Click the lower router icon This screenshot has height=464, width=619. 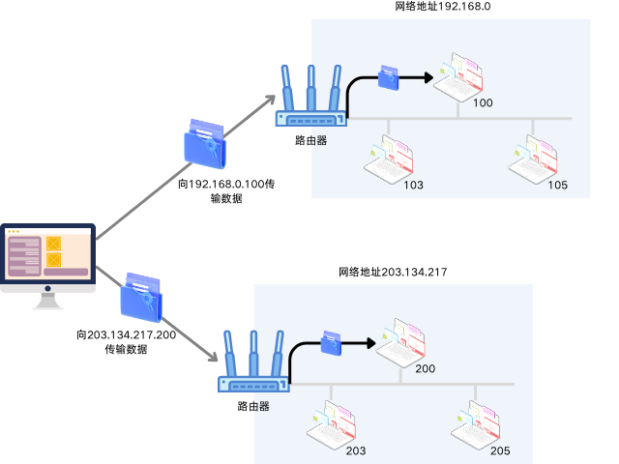252,363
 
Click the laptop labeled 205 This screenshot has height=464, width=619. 478,424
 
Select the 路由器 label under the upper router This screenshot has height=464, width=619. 310,140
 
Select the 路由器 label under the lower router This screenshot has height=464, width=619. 252,406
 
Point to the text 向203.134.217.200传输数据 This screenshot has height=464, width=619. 126,342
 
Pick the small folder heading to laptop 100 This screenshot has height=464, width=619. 389,76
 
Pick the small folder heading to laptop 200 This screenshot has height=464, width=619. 331,342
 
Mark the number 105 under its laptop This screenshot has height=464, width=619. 558,186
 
